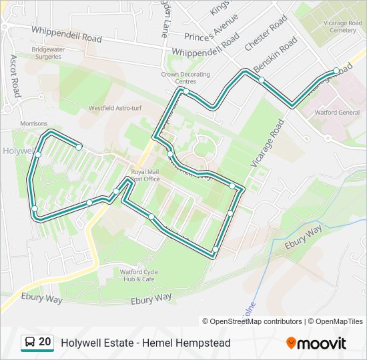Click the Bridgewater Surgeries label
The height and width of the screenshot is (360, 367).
click(45, 53)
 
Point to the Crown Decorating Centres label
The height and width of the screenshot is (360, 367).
click(186, 77)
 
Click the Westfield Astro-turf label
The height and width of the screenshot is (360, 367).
click(112, 108)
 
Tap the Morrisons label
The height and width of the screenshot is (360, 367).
click(33, 123)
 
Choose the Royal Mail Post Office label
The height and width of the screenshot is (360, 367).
click(145, 175)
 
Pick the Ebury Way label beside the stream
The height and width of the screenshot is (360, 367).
click(304, 237)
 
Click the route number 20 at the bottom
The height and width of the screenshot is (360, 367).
click(45, 342)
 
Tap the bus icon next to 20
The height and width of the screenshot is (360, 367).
click(30, 343)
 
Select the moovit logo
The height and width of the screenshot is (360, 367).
click(316, 343)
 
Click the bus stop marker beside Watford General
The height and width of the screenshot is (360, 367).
click(336, 71)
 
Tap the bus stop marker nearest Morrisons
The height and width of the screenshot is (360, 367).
click(38, 154)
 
